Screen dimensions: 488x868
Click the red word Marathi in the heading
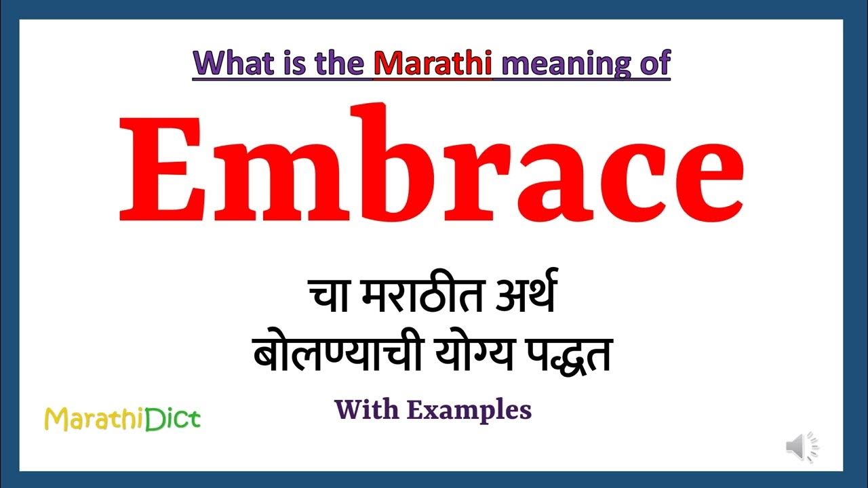(433, 63)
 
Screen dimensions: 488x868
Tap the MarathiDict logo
(122, 420)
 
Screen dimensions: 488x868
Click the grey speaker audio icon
(802, 447)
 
